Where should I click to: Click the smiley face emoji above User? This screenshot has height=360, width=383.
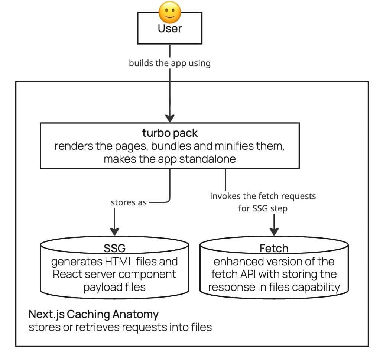pos(170,13)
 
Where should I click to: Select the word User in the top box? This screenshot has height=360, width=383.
pos(170,29)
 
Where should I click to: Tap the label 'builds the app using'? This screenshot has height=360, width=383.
pos(170,63)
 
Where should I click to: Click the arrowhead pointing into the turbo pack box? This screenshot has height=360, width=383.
pos(170,118)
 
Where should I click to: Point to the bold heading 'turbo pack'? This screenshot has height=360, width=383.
pos(170,133)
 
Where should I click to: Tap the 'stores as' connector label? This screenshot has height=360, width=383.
pos(129,203)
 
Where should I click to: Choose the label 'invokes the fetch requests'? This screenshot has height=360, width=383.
pos(263,196)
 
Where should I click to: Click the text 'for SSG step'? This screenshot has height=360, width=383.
pos(263,208)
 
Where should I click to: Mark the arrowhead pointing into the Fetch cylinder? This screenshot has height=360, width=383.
pos(274,231)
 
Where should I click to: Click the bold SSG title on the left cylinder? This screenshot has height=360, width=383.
pos(114,248)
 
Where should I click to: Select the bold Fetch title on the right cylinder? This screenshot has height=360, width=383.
pos(274,248)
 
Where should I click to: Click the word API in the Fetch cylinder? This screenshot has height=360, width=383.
pos(254,275)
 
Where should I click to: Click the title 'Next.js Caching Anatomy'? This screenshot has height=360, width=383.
pos(94,314)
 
